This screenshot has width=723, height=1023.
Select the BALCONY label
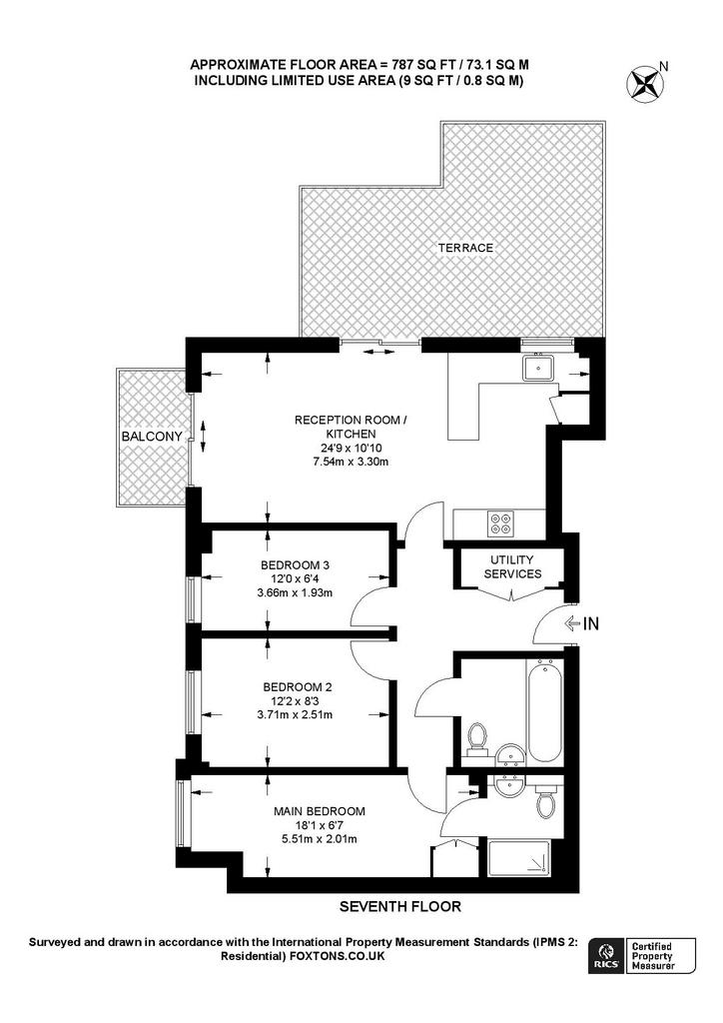click(152, 438)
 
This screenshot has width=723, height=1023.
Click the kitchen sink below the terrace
click(540, 369)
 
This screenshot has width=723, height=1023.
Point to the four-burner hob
click(500, 521)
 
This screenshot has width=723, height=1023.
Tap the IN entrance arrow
click(582, 625)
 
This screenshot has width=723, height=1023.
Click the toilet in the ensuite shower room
click(546, 801)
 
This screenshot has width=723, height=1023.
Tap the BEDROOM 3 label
click(295, 565)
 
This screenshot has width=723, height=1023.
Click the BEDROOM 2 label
click(297, 686)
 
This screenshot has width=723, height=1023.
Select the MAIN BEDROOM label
click(320, 810)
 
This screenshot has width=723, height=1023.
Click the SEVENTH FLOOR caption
click(400, 907)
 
